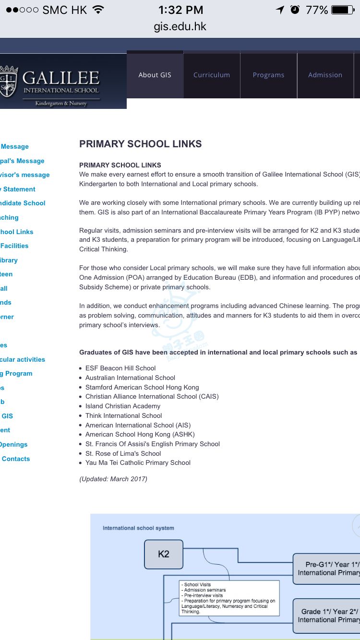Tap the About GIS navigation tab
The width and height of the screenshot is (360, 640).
pos(155,75)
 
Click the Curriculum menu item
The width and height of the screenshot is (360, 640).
pos(212,75)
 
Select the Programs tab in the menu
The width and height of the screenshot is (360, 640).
pos(268,75)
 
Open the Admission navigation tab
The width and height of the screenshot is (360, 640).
pos(325,75)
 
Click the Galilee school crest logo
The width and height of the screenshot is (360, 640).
pos(8,82)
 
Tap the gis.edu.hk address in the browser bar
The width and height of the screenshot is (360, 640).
pos(180,26)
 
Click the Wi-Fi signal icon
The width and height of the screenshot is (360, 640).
pos(98,10)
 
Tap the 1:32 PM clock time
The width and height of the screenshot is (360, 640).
pos(180,10)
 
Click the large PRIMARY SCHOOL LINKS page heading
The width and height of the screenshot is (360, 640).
pos(140,144)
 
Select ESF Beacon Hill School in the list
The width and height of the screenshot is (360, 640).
pos(120,368)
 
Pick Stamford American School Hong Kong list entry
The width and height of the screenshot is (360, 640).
pos(142,387)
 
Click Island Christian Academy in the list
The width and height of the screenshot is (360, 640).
pos(123,406)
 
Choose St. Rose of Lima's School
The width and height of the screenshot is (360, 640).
pos(123,453)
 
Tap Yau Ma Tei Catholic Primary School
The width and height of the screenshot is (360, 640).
pos(138,462)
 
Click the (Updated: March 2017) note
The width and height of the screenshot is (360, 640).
pos(113,479)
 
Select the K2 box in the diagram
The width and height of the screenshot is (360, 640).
pos(164,554)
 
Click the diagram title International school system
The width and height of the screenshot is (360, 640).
pos(138,528)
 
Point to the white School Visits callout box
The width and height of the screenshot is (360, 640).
pos(228,598)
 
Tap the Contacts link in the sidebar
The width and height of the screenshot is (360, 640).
pos(16,459)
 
